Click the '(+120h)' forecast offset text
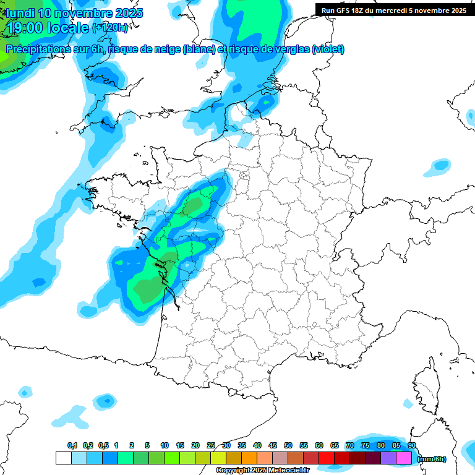(110, 28)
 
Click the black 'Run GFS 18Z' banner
(394, 10)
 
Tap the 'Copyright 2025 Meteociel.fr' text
(262, 471)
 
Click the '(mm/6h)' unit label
(432, 459)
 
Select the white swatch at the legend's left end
(63, 458)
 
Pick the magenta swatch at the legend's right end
(404, 458)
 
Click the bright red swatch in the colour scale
(327, 458)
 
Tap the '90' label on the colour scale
(411, 445)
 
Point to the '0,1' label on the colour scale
(72, 445)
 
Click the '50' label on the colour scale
(288, 445)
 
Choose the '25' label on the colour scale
(211, 445)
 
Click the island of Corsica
(426, 387)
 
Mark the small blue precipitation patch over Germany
(441, 165)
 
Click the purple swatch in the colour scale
(388, 458)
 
